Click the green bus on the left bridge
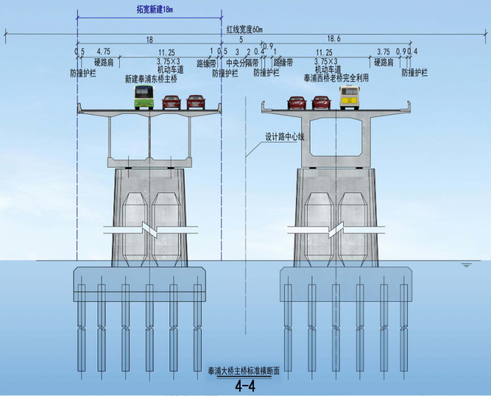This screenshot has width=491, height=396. (x=143, y=97)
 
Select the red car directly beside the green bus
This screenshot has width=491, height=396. (x=172, y=101)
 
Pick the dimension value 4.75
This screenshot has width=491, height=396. (x=103, y=52)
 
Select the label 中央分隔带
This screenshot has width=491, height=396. (x=242, y=63)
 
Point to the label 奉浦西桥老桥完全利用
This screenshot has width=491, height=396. (x=336, y=78)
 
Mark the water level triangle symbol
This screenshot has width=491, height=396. (x=466, y=265)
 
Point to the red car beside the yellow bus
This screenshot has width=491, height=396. (x=321, y=102)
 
